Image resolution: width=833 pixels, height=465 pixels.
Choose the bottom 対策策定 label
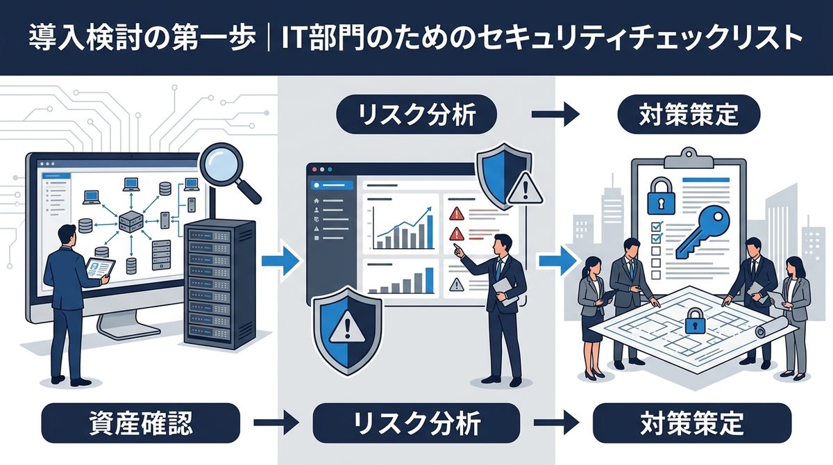(691, 422)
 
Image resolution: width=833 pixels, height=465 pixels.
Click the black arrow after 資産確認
(276, 422)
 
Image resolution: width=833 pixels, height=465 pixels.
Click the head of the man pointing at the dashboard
(503, 243)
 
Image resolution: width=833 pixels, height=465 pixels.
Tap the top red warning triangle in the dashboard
(456, 213)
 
